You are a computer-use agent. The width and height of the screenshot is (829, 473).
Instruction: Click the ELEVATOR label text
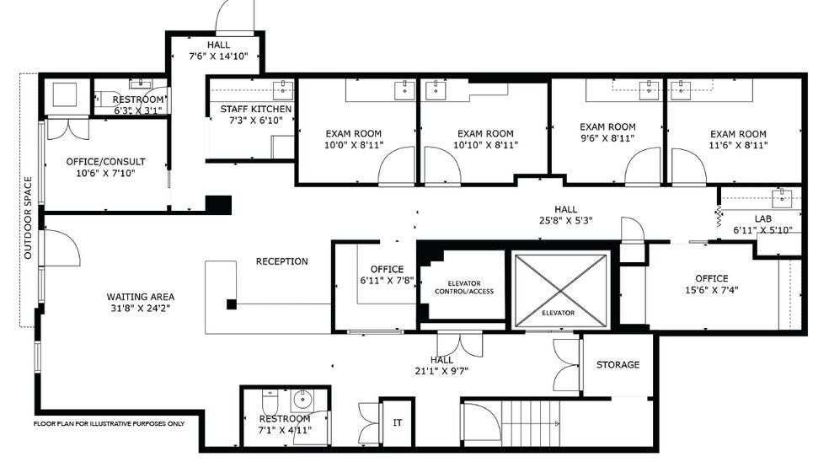pos(558,313)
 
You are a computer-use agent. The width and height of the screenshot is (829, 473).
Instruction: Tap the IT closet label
pos(398,422)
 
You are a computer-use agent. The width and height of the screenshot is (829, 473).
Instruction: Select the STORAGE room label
pos(618,364)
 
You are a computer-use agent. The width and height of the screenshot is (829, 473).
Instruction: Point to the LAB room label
pos(763,218)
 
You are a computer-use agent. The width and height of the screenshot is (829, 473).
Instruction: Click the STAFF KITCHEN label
pos(256,109)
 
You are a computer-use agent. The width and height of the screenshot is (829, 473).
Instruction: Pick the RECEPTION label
pos(281,261)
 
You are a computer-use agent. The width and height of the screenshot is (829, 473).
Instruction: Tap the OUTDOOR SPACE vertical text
pos(28,218)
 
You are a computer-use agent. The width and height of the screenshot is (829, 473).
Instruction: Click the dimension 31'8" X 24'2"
pos(140,309)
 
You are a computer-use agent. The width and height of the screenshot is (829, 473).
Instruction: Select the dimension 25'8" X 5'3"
pos(565,221)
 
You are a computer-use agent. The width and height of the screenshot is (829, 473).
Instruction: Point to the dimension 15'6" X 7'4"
pos(712,290)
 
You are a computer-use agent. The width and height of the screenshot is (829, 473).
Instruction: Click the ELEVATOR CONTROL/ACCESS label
pos(464,288)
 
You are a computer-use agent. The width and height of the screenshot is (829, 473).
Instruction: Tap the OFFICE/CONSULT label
pos(106,162)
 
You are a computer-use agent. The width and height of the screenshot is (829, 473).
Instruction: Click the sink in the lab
pos(782,198)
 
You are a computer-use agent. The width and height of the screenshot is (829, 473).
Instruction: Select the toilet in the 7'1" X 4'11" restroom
pos(270,401)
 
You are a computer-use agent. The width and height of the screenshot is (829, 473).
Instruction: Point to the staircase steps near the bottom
pos(531,424)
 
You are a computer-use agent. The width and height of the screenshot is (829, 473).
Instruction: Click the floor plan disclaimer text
pos(110,424)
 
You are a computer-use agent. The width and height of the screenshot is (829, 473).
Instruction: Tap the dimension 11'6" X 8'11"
pos(738,146)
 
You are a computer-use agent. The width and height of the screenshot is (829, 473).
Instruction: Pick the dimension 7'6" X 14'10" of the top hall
pos(218,56)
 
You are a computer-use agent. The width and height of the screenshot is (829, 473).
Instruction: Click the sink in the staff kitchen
pos(284,90)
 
